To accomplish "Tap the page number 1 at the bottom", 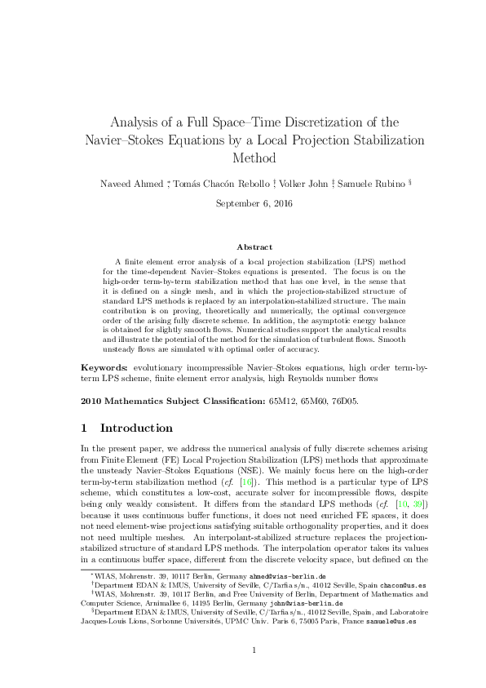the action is pos(254,672).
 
